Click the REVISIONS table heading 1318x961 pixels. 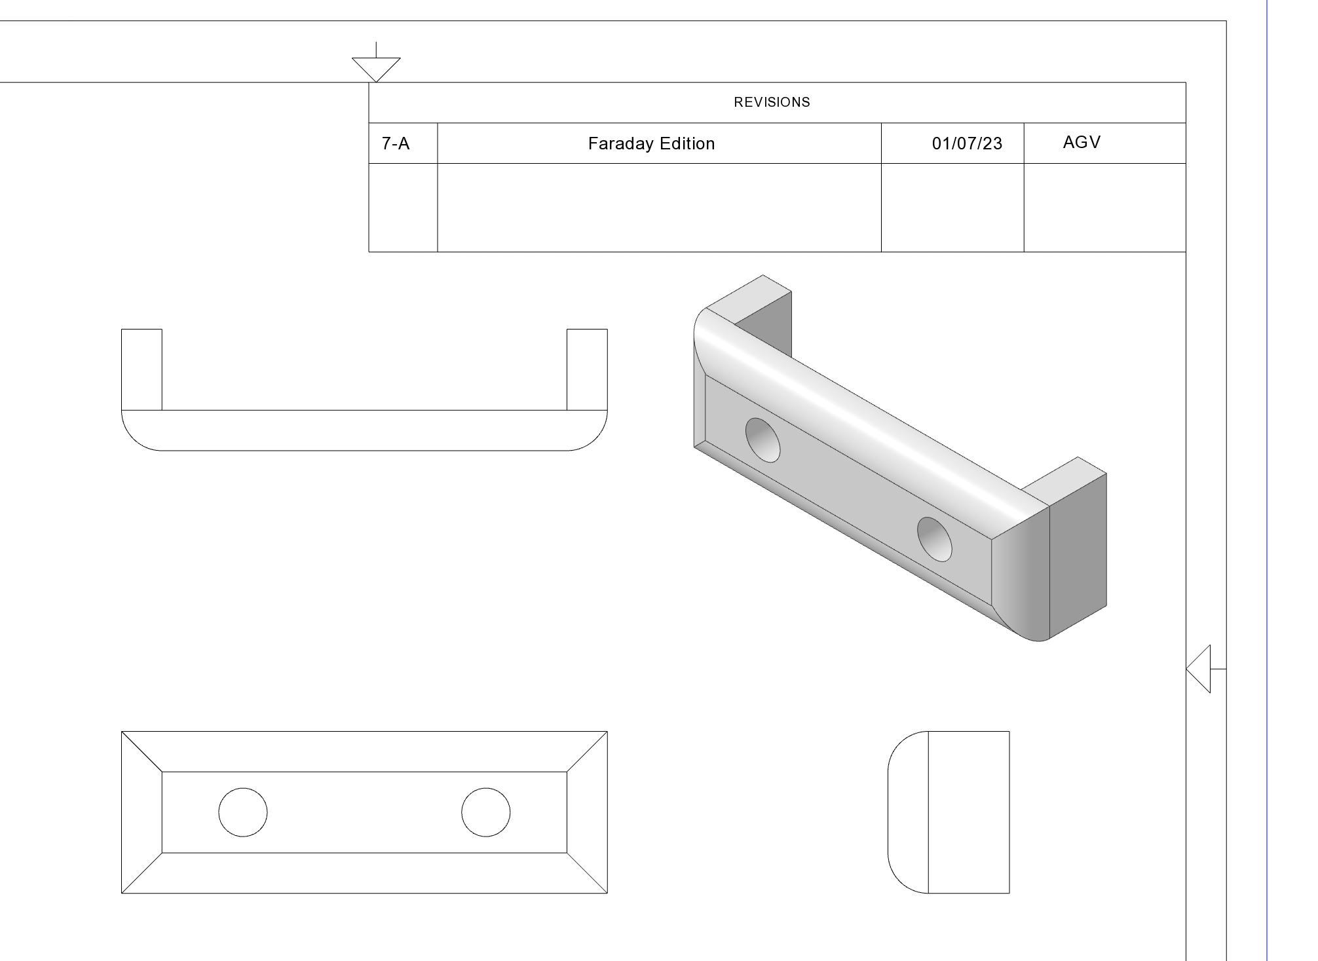[x=772, y=102]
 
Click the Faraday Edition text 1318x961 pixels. [x=651, y=143]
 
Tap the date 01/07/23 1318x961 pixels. [x=967, y=143]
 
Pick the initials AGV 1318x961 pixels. [x=1082, y=142]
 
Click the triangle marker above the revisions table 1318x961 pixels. [x=376, y=69]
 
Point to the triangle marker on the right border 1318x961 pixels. [x=1199, y=669]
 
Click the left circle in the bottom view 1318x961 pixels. [x=243, y=812]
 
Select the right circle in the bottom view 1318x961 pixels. [x=486, y=812]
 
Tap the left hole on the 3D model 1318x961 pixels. [x=763, y=440]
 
